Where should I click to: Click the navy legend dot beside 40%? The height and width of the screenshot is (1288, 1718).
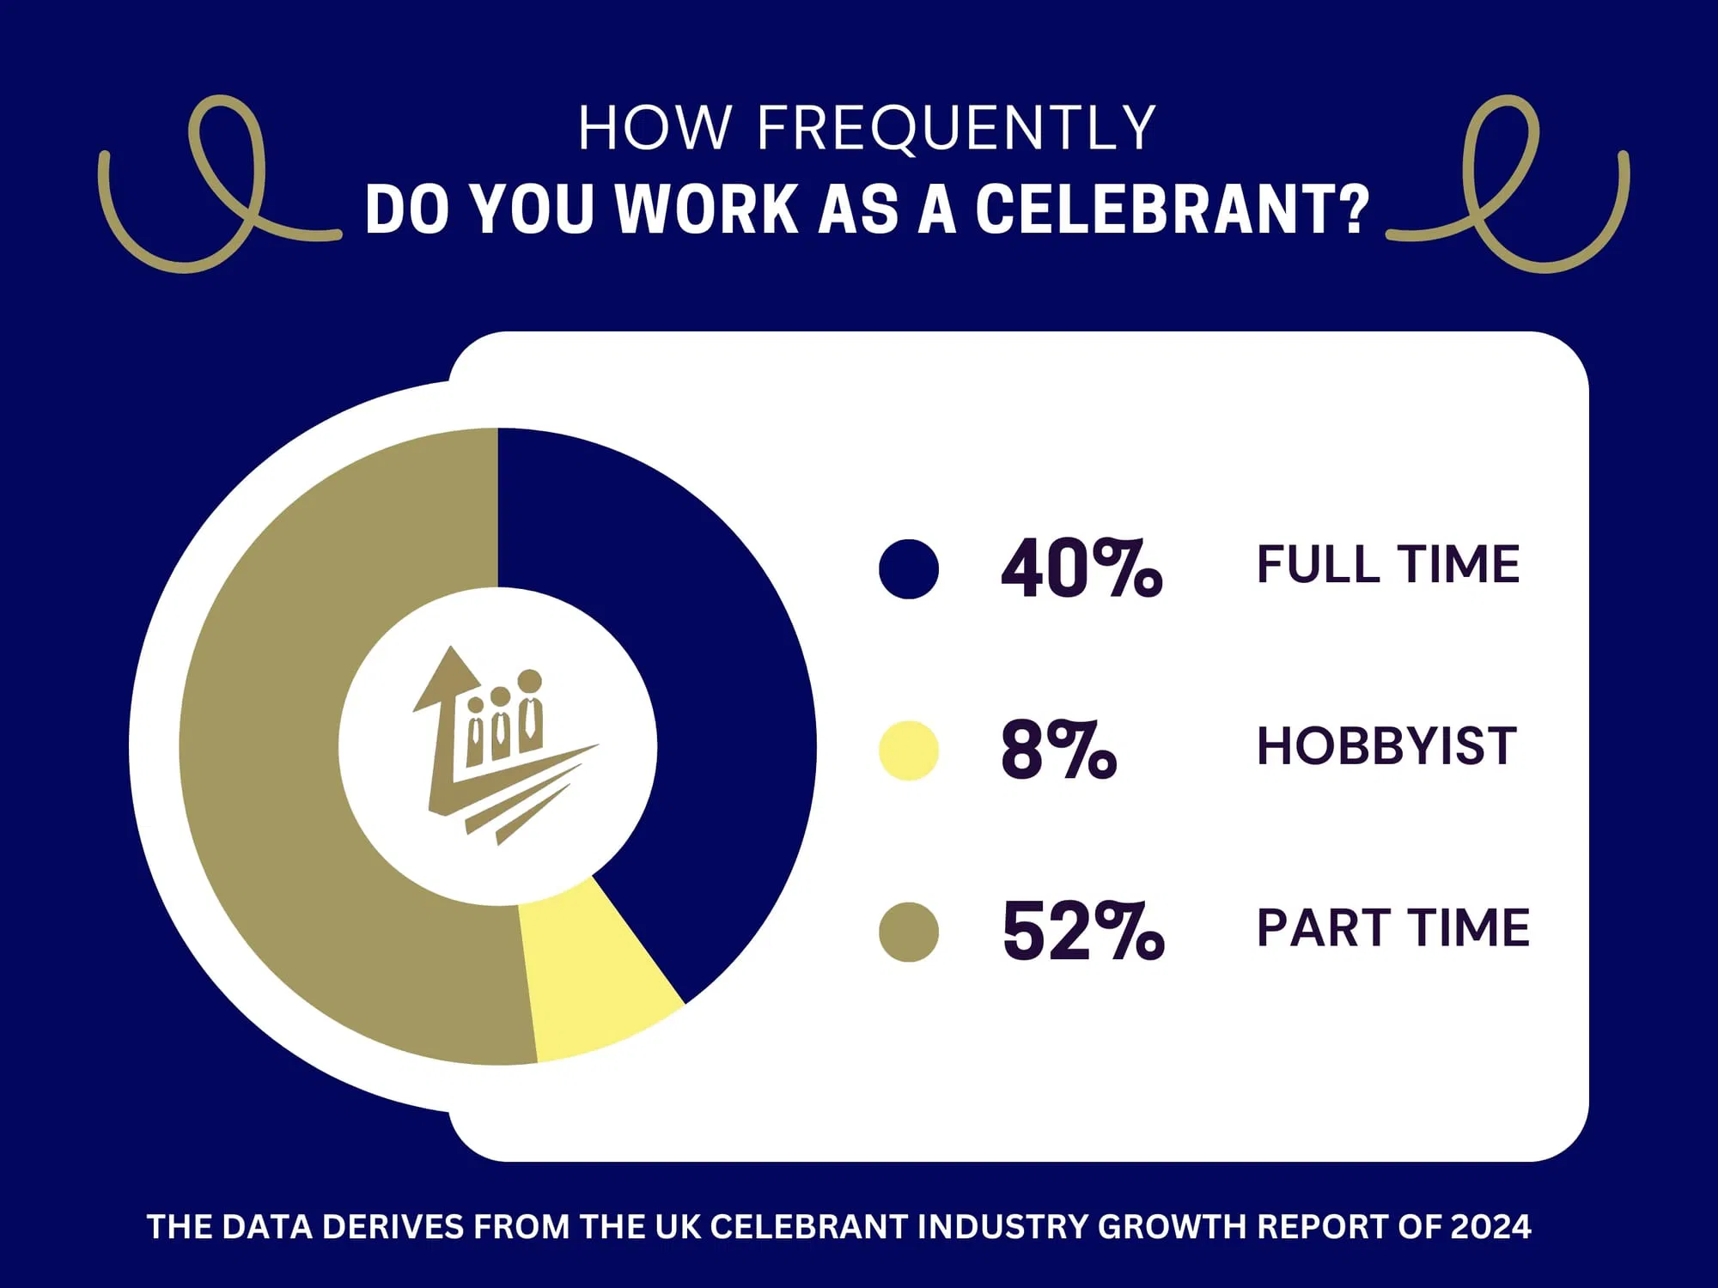click(x=909, y=568)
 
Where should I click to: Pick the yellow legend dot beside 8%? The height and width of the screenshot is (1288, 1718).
click(x=909, y=750)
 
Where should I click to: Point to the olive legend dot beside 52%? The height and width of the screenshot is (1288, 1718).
click(x=909, y=932)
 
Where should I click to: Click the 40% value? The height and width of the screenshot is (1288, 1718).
click(x=1081, y=568)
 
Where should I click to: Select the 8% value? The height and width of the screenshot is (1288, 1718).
click(x=1059, y=750)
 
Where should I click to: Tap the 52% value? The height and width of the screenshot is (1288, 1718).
click(x=1083, y=931)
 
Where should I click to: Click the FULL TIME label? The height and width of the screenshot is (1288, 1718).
click(x=1388, y=565)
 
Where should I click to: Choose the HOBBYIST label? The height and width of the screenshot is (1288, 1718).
click(x=1386, y=746)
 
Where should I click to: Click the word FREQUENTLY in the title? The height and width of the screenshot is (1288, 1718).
click(x=956, y=129)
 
